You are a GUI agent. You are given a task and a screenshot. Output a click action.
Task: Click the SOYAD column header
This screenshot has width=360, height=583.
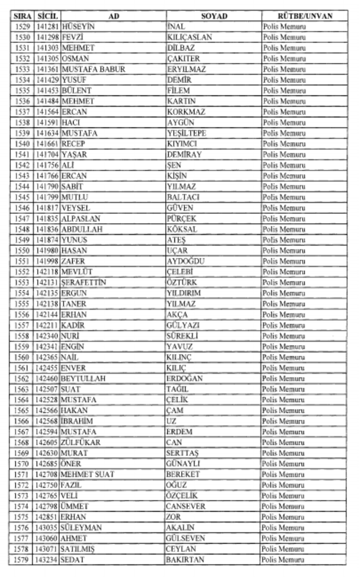[214, 16]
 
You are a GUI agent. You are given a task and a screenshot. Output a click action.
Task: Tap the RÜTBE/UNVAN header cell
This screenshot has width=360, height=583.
[305, 16]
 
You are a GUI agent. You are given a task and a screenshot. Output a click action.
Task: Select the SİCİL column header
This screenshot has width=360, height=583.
[47, 16]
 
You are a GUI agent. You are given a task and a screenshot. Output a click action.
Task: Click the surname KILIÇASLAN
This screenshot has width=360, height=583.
[189, 38]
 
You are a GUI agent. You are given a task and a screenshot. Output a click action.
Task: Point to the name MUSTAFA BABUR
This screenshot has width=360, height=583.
[93, 69]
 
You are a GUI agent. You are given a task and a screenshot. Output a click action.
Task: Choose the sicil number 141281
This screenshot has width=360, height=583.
[47, 27]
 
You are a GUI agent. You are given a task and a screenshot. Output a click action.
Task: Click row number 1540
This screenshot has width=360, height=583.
[22, 144]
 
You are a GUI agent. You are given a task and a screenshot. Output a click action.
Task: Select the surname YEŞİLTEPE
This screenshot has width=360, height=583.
[186, 133]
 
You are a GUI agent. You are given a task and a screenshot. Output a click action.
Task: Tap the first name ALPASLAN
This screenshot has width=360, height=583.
[81, 219]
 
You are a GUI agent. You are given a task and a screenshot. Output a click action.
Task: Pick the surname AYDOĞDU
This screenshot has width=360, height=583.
[185, 261]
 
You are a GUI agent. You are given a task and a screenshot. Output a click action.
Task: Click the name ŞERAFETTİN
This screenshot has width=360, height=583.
[84, 283]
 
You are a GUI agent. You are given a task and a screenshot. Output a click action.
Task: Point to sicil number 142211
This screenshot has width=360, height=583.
[47, 325]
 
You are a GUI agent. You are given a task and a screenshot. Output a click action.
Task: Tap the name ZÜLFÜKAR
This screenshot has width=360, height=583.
[81, 442]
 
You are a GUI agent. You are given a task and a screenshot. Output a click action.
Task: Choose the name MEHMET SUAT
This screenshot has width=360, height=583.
[88, 475]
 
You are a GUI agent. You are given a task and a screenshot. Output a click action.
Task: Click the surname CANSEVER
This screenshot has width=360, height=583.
[185, 506]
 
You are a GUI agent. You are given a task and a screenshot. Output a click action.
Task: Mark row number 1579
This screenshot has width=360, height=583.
[22, 560]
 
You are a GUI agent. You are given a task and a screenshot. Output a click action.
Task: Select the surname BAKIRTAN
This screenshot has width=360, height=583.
[185, 560]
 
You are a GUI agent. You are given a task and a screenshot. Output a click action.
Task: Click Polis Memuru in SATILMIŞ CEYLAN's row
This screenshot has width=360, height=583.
[283, 549]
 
